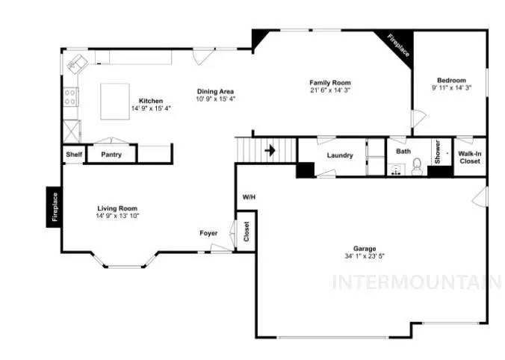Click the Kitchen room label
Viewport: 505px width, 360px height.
tap(151, 101)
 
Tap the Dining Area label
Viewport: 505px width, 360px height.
tap(215, 91)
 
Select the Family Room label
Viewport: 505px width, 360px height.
tap(330, 83)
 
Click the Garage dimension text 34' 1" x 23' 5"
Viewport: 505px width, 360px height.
tap(365, 256)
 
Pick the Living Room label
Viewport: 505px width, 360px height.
tap(117, 208)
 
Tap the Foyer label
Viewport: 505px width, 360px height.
tap(208, 233)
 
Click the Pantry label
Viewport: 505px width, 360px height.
tap(111, 155)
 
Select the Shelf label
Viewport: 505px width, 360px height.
tap(73, 155)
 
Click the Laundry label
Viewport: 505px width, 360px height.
tap(339, 155)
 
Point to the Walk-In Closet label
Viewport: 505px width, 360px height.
tap(470, 156)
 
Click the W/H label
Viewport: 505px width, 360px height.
tap(249, 197)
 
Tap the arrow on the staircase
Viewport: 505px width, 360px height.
tap(270, 150)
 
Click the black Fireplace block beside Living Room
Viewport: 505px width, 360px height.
tap(54, 207)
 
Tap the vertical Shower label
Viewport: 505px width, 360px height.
tap(438, 152)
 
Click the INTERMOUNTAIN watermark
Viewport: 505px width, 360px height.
tap(416, 282)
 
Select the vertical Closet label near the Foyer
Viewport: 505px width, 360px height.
tap(246, 232)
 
